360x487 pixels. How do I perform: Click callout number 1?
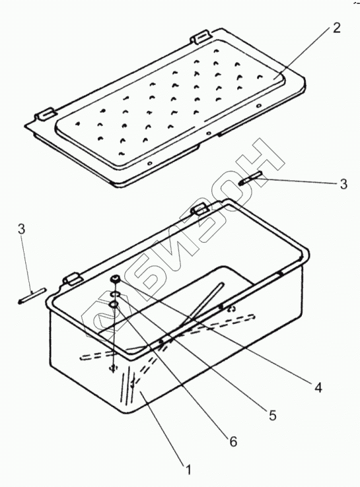(188, 469)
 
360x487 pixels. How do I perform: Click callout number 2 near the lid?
(336, 28)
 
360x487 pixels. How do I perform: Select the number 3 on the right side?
(343, 184)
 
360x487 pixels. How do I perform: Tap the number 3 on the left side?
(21, 230)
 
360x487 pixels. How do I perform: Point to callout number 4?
(318, 387)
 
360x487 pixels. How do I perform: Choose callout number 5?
(272, 415)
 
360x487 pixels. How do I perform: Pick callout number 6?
(233, 441)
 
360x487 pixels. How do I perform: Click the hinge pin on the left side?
(32, 296)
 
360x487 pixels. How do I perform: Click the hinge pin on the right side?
(250, 178)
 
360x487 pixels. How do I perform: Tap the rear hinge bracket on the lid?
(201, 37)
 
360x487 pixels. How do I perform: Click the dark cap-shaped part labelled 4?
(116, 279)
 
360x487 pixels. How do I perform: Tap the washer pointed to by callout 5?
(115, 294)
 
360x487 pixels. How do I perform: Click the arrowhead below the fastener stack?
(114, 367)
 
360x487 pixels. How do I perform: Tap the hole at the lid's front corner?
(149, 163)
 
